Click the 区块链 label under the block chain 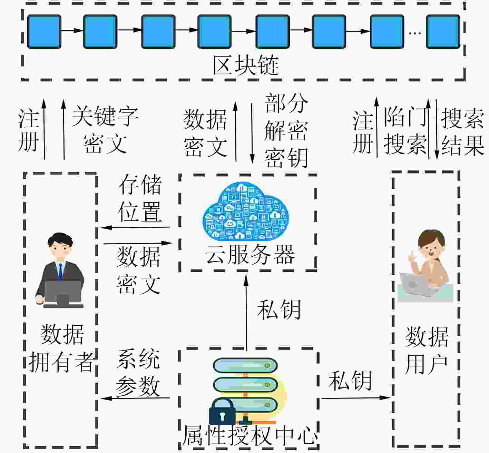click(x=246, y=65)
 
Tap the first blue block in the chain click(x=44, y=31)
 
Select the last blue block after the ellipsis click(x=443, y=31)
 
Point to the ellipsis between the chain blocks click(x=414, y=33)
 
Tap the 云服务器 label click(x=250, y=255)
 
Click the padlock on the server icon click(x=222, y=412)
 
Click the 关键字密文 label click(x=105, y=130)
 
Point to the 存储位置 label click(x=140, y=198)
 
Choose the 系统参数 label click(x=138, y=373)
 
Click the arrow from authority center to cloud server click(x=246, y=311)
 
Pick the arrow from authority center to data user click(x=355, y=398)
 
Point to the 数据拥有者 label click(x=61, y=348)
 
